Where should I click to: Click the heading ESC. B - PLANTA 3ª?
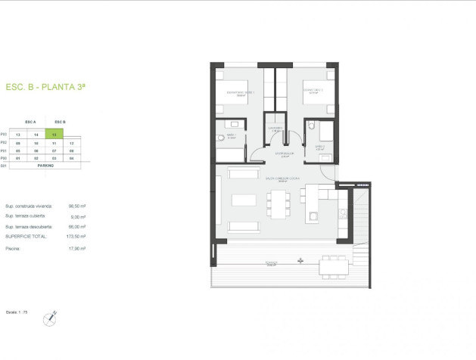[x=45, y=87]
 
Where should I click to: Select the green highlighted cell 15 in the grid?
[x=52, y=135]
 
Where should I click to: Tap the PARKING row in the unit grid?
[x=45, y=164]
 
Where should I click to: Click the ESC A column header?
[x=30, y=121]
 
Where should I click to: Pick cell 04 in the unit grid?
[x=71, y=157]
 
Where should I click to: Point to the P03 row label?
[x=4, y=135]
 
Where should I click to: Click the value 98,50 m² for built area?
[x=74, y=206]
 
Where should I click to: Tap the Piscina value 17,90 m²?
[x=74, y=248]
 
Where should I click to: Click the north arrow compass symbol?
[x=51, y=319]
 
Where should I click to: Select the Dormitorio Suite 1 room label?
[x=239, y=93]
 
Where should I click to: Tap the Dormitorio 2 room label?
[x=313, y=91]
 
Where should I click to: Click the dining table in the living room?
[x=277, y=203]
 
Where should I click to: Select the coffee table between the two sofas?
[x=244, y=200]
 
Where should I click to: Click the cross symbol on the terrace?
[x=300, y=261]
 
